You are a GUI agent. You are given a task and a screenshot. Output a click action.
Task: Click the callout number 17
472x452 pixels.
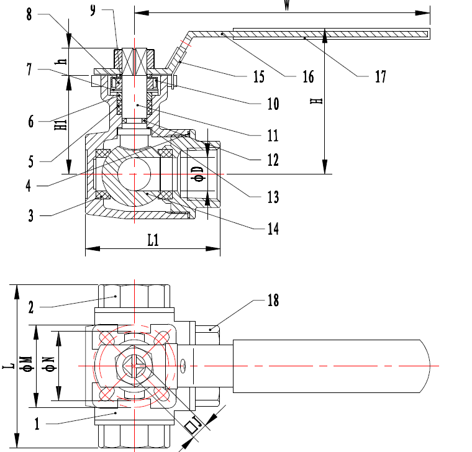[380, 76]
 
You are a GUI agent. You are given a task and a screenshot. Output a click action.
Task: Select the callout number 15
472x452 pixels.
[258, 77]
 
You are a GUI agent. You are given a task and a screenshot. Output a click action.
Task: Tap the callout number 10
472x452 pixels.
[273, 103]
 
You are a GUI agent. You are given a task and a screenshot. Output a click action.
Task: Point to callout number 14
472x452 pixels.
[273, 229]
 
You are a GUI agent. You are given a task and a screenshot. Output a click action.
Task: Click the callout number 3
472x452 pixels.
[30, 215]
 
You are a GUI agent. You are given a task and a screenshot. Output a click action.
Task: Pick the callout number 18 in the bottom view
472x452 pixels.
[273, 301]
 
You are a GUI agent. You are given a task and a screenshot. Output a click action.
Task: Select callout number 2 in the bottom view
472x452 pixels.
[30, 307]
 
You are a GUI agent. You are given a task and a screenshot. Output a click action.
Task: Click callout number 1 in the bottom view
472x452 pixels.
[37, 425]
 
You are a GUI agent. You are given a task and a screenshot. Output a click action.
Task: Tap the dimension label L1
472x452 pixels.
[153, 240]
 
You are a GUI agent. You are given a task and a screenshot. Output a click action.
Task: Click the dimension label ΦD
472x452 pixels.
[198, 173]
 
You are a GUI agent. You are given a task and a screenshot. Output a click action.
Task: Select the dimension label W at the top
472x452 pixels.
[286, 5]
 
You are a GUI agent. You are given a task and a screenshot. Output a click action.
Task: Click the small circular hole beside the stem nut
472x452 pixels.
[183, 368]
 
